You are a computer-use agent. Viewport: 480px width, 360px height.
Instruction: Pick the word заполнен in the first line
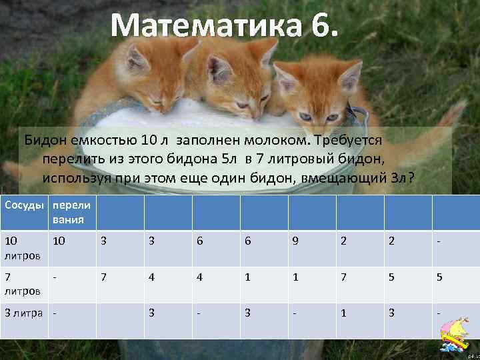tap(207, 141)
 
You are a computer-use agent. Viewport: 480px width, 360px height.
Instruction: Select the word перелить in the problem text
tap(71, 160)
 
